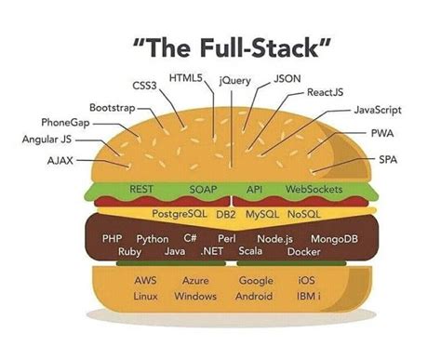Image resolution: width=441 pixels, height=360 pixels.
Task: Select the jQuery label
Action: point(235,81)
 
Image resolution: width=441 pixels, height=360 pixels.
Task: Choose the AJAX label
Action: point(60,160)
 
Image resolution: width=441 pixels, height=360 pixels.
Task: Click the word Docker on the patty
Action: point(303,252)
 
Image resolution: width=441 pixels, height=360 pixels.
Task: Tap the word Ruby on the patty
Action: point(129,252)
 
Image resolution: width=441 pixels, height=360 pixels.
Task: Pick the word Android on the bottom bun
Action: point(255,297)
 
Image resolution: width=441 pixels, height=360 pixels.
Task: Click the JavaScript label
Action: point(383,111)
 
